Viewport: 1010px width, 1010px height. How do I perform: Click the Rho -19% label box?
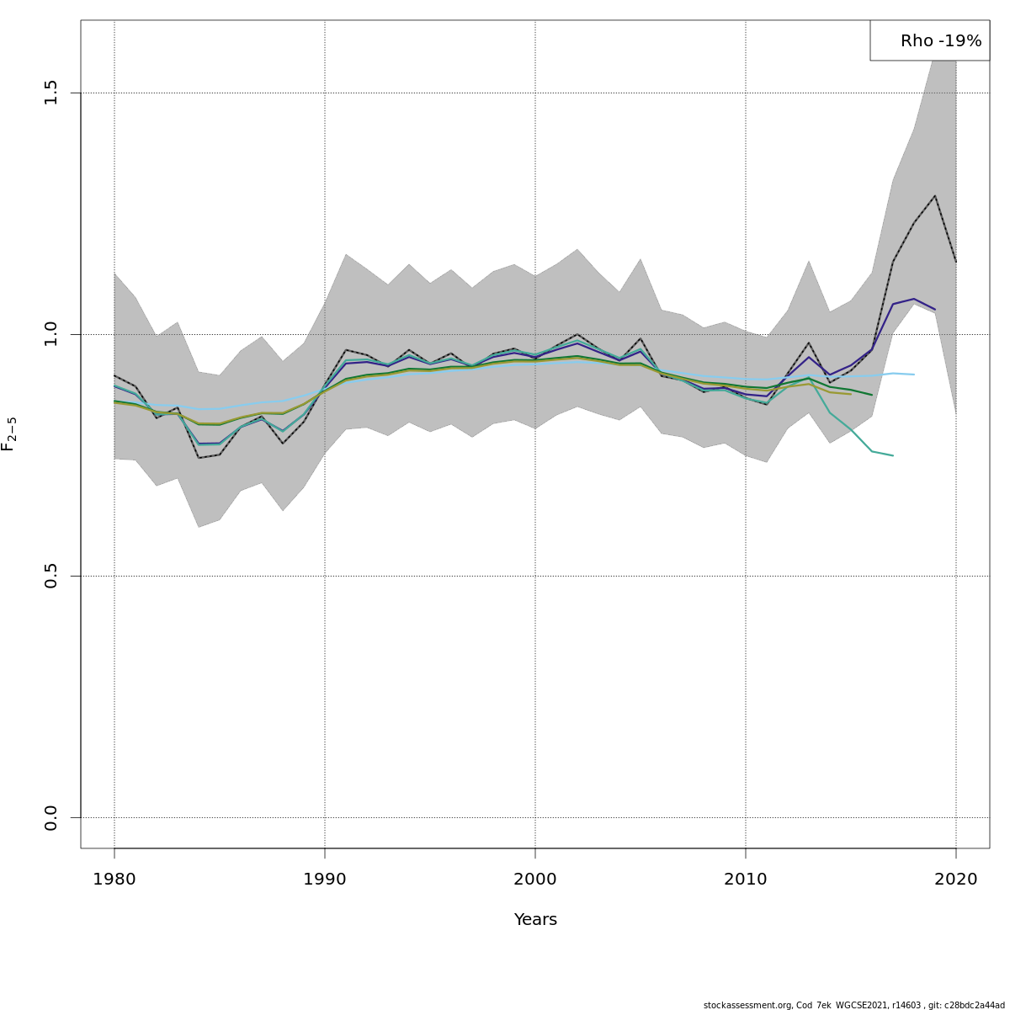pos(929,40)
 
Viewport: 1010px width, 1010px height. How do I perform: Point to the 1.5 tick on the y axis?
pos(51,93)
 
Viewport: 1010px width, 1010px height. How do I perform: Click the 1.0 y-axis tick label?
pos(51,334)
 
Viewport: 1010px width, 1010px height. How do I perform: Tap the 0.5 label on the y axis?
pos(51,576)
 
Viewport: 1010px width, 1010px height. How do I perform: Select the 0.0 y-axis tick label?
pos(51,817)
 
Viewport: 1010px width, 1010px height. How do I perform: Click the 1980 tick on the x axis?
pos(114,880)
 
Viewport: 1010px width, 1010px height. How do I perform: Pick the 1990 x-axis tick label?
pos(325,880)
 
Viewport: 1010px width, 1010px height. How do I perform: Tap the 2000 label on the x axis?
pos(535,880)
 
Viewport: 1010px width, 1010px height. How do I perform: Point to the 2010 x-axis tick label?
pos(746,880)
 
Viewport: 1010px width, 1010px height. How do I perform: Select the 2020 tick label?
pos(956,880)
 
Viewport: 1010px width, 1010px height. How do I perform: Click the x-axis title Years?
pos(535,920)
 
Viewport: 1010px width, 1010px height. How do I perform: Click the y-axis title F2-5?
pos(9,434)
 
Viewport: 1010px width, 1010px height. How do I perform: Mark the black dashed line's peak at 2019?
pos(935,195)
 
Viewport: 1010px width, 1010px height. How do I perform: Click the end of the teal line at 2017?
pos(893,455)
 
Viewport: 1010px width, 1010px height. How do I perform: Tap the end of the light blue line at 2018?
pos(914,375)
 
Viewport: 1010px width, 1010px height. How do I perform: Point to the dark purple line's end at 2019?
pos(935,310)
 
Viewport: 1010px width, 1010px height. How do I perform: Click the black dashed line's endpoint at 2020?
pos(956,262)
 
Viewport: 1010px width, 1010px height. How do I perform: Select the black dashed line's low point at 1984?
pos(199,458)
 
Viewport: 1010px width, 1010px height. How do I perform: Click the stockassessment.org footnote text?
pos(853,1005)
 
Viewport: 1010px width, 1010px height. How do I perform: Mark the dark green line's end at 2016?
pos(872,395)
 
